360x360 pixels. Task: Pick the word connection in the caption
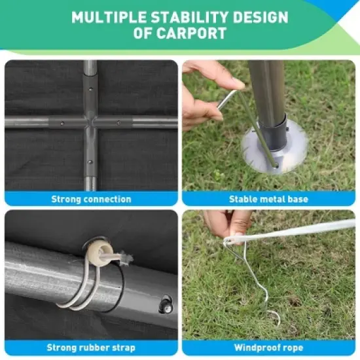tap(106, 199)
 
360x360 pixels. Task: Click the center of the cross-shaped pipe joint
tap(90, 122)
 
